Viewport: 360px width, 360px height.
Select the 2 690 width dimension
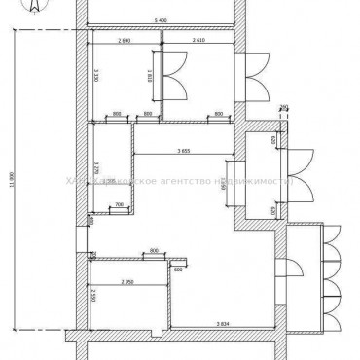coord(124,42)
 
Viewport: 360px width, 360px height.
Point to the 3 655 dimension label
coord(184,150)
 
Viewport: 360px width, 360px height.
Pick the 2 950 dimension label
coord(127,282)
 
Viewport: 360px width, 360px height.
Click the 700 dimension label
coord(120,204)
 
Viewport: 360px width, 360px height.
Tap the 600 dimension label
coord(178,270)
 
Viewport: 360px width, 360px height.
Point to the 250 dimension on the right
coord(284,108)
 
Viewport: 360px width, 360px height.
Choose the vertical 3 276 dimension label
coord(97,172)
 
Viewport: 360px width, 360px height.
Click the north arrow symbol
coord(34,8)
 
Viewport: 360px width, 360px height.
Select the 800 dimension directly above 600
coord(154,252)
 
